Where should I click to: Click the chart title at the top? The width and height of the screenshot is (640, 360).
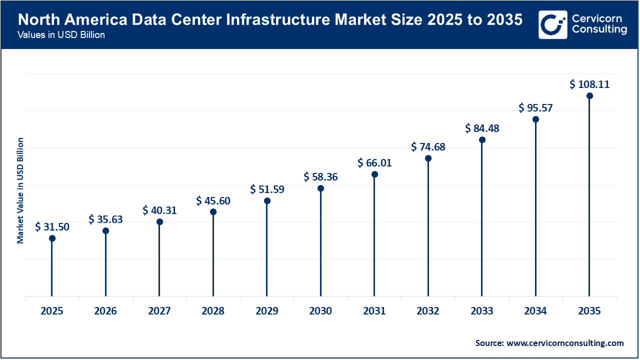[x=270, y=20]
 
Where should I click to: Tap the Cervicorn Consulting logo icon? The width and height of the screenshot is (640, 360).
[x=552, y=24]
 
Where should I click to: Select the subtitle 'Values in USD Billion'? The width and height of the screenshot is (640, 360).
[x=61, y=35]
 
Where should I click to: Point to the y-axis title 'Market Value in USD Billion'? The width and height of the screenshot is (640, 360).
[x=20, y=190]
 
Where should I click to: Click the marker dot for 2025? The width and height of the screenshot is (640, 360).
[x=52, y=238]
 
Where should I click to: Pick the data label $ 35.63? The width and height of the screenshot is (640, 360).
[x=105, y=219]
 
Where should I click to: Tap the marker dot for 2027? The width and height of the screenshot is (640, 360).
[x=159, y=221]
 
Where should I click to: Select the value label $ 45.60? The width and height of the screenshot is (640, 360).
[x=213, y=200]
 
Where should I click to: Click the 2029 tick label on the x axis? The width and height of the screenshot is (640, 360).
[x=267, y=311]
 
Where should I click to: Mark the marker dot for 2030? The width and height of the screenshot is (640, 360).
[x=320, y=188]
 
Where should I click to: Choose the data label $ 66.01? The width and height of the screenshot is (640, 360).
[x=374, y=162]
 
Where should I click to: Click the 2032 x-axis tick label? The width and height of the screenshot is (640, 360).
[x=428, y=311]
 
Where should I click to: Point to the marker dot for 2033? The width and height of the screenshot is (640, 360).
[x=482, y=139]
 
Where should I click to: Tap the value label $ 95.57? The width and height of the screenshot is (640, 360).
[x=535, y=107]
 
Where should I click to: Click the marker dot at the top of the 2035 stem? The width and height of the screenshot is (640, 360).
[x=589, y=95]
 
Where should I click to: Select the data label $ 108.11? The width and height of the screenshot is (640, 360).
[x=589, y=84]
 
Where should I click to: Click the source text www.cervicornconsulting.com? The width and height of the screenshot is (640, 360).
[x=565, y=343]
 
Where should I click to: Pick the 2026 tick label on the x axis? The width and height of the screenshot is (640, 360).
[x=105, y=311]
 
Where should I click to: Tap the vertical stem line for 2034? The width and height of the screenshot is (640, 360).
[x=535, y=210]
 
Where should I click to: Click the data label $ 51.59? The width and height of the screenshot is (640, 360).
[x=267, y=189]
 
